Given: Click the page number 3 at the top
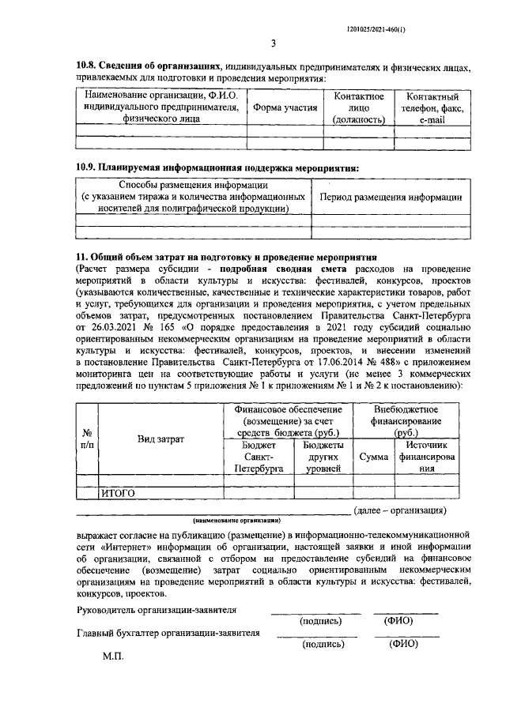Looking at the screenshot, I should pyautogui.click(x=272, y=43).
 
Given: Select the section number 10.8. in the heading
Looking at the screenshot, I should pyautogui.click(x=93, y=67).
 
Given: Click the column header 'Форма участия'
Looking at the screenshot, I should pyautogui.click(x=284, y=107).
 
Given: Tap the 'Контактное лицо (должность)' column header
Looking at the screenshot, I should pyautogui.click(x=359, y=107).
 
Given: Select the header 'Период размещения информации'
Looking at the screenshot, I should pyautogui.click(x=390, y=197).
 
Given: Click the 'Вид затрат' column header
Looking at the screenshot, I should pyautogui.click(x=160, y=438).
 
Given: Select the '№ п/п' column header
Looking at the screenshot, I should pyautogui.click(x=87, y=438).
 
